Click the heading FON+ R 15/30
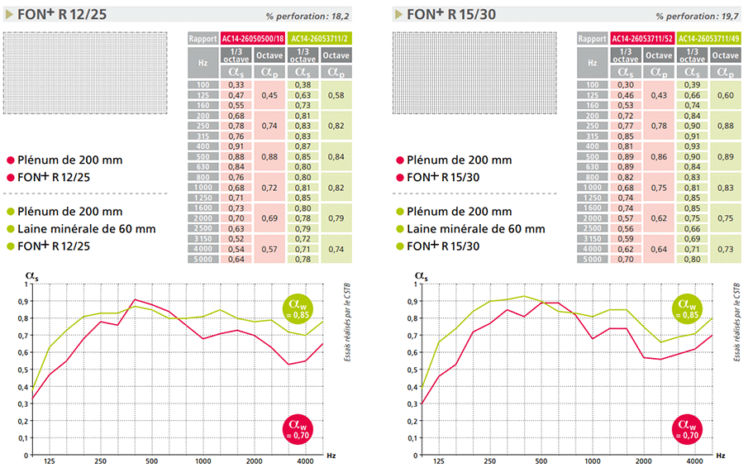click(x=447, y=14)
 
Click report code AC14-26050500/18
click(x=251, y=38)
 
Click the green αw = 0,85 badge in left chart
click(x=301, y=309)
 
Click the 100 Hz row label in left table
click(x=203, y=85)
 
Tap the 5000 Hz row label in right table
click(x=591, y=259)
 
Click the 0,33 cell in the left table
click(x=236, y=85)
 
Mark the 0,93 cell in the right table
click(x=691, y=146)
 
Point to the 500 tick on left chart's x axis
click(x=152, y=461)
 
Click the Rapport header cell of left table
click(x=203, y=38)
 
